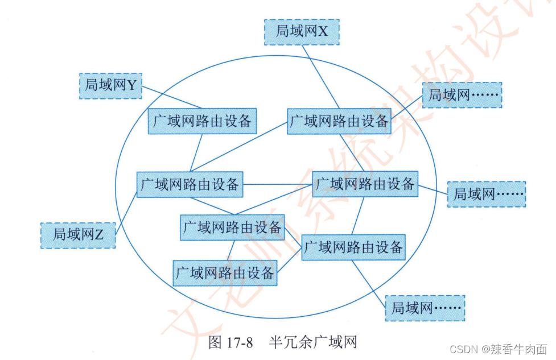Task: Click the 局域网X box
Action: point(302,32)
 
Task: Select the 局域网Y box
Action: point(110,85)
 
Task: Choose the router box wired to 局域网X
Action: point(339,121)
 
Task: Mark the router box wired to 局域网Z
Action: point(190,184)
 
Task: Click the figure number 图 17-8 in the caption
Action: point(230,343)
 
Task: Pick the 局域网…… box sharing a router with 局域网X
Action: point(462,95)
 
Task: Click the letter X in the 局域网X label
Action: point(323,32)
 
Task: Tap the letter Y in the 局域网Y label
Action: point(131,85)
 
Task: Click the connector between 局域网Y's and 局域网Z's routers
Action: point(197,152)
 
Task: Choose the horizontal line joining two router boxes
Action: point(278,184)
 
